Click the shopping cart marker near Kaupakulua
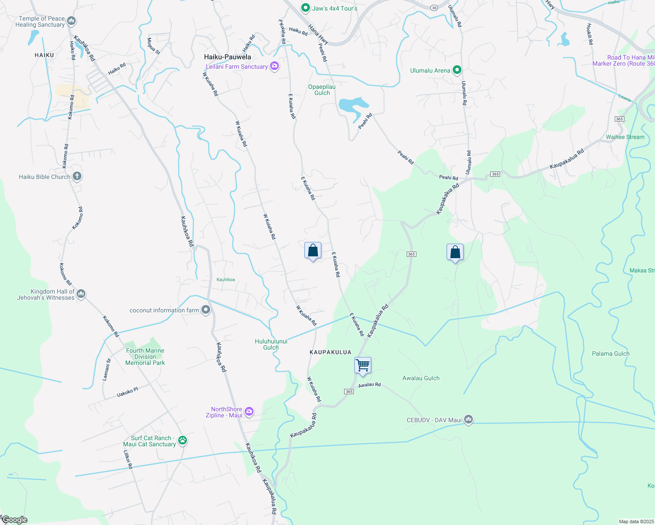point(363,365)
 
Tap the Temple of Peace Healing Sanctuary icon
point(72,21)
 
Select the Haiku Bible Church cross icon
point(77,176)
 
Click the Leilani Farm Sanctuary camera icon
point(275,66)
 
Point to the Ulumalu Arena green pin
point(457,70)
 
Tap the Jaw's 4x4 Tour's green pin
point(306,8)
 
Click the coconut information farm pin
point(206,310)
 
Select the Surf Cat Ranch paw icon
point(183,441)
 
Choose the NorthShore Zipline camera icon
point(249,411)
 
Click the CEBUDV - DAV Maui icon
point(468,420)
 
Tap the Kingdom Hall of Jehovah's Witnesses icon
point(81,294)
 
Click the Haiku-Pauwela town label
point(228,57)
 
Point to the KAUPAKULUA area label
point(331,352)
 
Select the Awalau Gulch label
point(421,378)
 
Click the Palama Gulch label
point(610,353)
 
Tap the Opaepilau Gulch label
point(322,90)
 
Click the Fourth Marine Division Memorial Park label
point(145,357)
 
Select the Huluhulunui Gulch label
point(271,344)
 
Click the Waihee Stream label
point(625,137)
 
